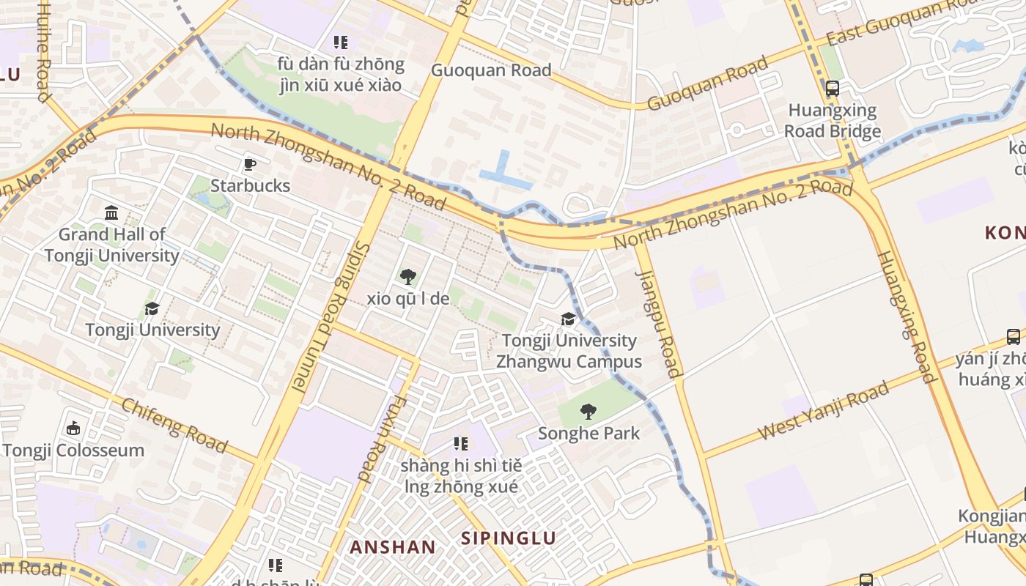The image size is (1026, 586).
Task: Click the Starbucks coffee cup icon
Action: (x=250, y=164)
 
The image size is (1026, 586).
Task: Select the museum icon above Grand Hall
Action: (x=111, y=213)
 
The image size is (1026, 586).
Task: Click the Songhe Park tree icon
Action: (x=588, y=412)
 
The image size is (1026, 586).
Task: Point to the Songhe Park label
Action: (x=588, y=433)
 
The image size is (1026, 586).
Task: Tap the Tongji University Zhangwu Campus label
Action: (x=569, y=351)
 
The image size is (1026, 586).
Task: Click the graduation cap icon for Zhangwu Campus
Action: (x=568, y=319)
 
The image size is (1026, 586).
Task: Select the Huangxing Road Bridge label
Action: (x=833, y=121)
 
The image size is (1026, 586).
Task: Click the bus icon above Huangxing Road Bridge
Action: (x=833, y=89)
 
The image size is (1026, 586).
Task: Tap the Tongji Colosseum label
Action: (x=73, y=450)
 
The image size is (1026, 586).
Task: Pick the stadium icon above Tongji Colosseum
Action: (x=73, y=429)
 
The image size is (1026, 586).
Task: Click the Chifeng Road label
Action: (x=174, y=425)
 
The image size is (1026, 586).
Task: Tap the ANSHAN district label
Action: (x=392, y=547)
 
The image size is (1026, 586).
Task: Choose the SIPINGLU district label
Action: (x=508, y=538)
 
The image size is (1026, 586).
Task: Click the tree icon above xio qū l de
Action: (x=408, y=277)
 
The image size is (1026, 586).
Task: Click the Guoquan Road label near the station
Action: (x=491, y=70)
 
